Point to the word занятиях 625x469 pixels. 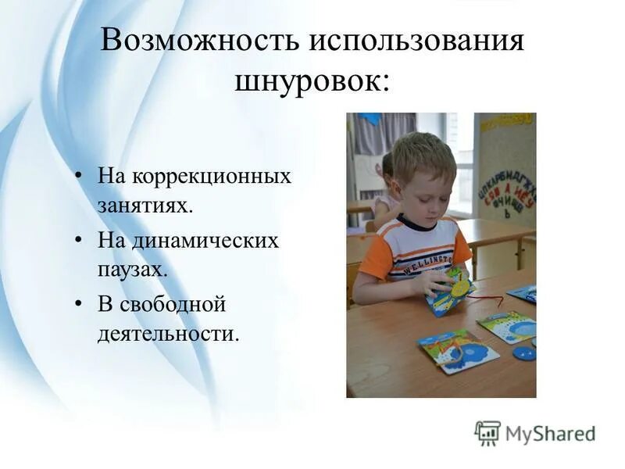(x=145, y=206)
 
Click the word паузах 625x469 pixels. (x=133, y=270)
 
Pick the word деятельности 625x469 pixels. (x=167, y=335)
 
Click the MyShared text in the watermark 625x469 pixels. (x=549, y=433)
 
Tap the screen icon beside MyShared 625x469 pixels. (x=487, y=432)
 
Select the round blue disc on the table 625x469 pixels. (x=524, y=352)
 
